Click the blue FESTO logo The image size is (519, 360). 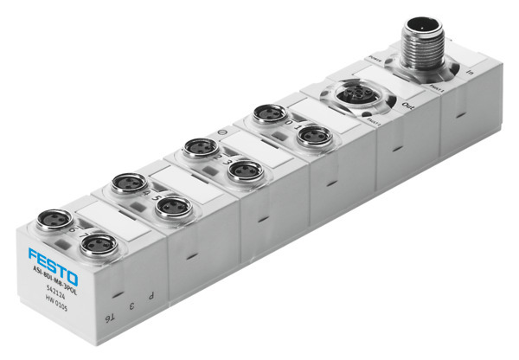(x=52, y=264)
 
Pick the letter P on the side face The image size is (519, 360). (x=151, y=294)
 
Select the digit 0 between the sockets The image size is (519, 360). (x=286, y=125)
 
